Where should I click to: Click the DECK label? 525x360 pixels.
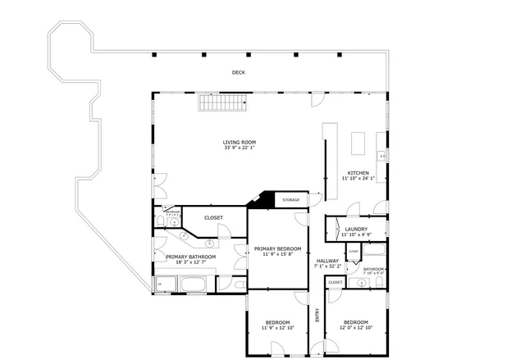238,73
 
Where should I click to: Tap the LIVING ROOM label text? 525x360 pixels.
240,142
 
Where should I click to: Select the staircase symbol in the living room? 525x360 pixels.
221,103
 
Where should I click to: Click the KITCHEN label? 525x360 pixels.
358,172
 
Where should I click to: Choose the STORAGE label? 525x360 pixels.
291,199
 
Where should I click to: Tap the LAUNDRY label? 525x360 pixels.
355,229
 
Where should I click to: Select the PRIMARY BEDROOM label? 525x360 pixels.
277,248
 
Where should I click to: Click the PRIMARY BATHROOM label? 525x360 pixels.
190,257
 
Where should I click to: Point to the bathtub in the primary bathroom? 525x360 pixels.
194,285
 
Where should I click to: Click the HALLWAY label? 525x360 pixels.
326,261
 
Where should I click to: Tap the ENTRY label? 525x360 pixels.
317,315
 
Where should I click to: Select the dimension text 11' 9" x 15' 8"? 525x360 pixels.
277,254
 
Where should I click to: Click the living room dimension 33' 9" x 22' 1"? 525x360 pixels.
240,148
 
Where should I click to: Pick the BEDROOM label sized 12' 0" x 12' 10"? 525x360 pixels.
355,322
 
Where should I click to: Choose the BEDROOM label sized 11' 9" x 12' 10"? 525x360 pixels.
276,322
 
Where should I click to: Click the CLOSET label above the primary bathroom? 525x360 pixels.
213,217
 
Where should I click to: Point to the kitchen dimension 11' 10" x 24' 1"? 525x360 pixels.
358,178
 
